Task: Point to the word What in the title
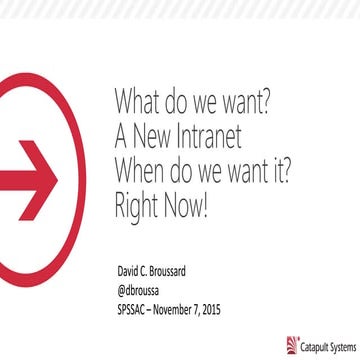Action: pos(139,101)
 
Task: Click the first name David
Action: pos(131,271)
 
